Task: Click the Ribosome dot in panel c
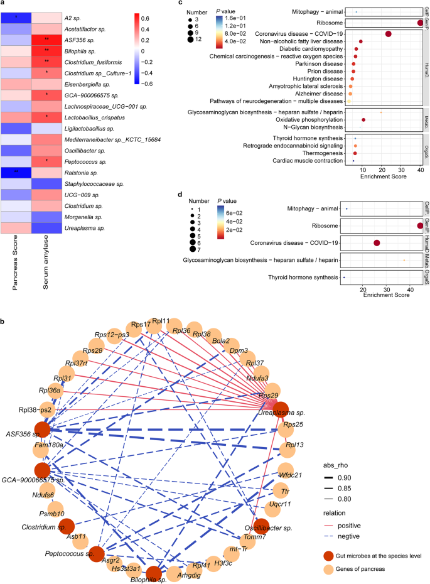pyautogui.click(x=420, y=23)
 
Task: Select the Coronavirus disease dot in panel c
pyautogui.click(x=388, y=34)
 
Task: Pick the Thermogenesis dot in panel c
pyautogui.click(x=355, y=153)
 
